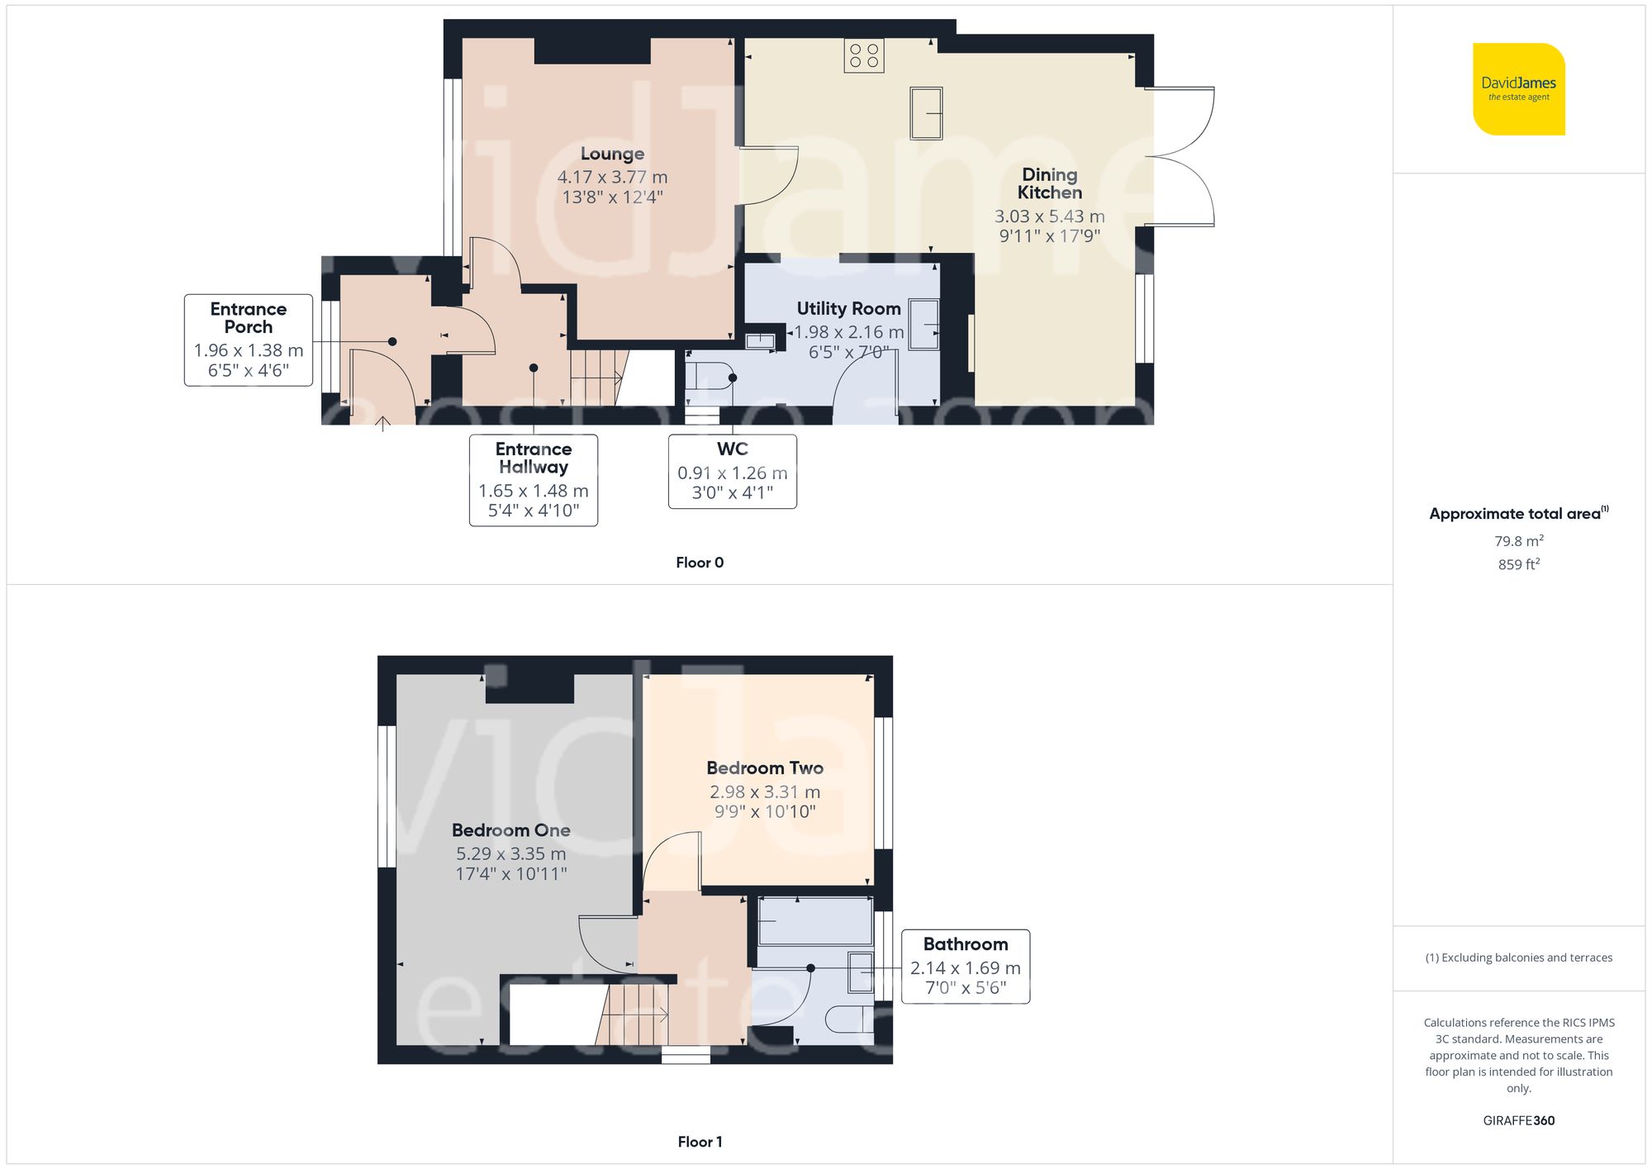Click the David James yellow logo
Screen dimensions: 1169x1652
click(1518, 89)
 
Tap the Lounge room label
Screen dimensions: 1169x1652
click(612, 154)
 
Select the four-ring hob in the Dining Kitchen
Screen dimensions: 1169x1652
click(864, 55)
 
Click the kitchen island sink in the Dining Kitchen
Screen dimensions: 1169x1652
click(926, 113)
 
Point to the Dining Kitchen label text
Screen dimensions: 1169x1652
click(1049, 183)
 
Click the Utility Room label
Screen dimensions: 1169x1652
click(848, 308)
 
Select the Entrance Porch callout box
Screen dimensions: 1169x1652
click(248, 340)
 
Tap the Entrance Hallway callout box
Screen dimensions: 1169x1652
click(533, 479)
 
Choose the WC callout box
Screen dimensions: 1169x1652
click(732, 471)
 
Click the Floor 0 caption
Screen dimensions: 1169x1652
click(699, 563)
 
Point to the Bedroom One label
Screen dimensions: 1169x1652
click(510, 830)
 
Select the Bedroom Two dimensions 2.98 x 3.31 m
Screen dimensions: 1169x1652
click(764, 791)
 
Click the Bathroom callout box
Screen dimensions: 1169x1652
click(965, 966)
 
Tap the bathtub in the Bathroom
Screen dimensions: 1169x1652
click(815, 921)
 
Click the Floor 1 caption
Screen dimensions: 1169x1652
click(699, 1142)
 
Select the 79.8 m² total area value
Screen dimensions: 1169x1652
click(1518, 541)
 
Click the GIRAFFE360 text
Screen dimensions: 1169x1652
click(1518, 1120)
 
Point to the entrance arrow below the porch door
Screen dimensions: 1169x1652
click(383, 425)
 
